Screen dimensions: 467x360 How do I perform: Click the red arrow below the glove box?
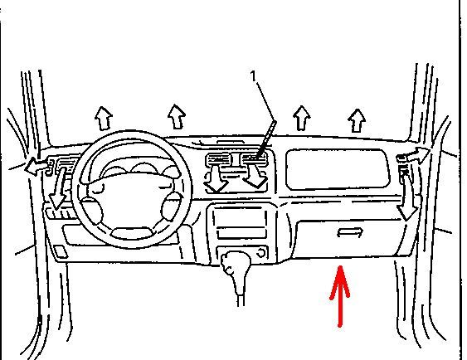[340, 296]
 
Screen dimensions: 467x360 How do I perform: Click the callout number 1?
[254, 76]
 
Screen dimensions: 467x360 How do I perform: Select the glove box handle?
[350, 232]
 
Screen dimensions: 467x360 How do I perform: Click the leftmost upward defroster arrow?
[104, 119]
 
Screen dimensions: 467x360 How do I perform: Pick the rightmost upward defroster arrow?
[357, 120]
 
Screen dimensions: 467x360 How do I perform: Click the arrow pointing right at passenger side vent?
[416, 156]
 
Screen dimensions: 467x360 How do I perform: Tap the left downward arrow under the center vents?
[216, 178]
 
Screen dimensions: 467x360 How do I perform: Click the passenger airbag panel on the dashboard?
[338, 169]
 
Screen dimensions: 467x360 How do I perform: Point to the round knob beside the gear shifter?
[261, 253]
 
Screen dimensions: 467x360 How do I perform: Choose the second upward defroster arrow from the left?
[177, 117]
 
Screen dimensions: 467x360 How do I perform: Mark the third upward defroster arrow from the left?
[302, 118]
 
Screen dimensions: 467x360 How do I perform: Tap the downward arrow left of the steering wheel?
[59, 188]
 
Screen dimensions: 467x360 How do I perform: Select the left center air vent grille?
[218, 160]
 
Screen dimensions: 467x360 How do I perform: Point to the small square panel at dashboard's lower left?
[61, 251]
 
